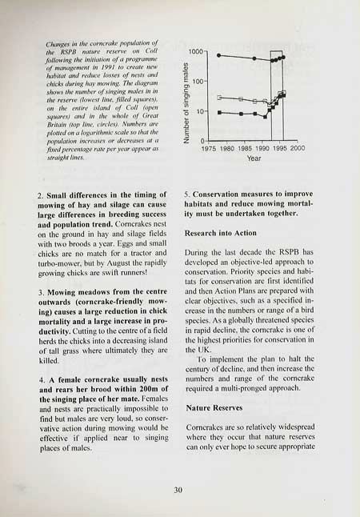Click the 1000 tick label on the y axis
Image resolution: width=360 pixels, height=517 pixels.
[199, 52]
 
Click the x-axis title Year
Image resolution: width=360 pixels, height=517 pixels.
[254, 158]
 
